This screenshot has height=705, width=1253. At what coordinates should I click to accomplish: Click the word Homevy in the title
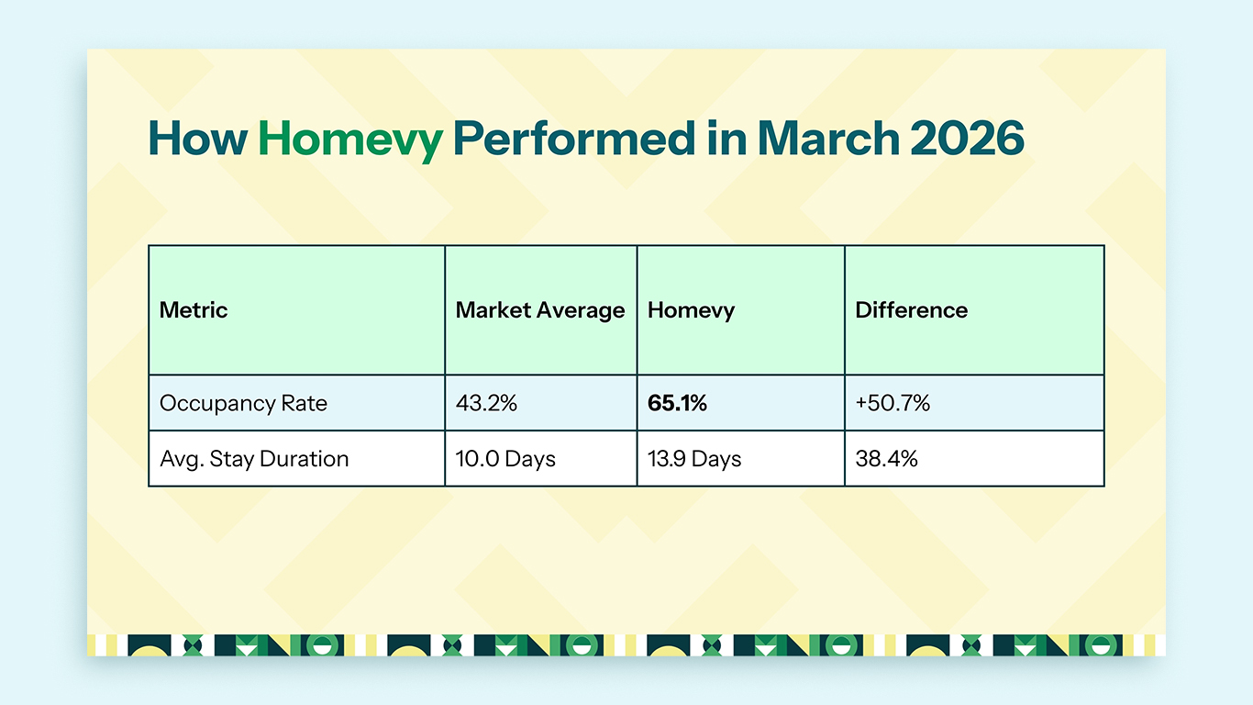(349, 139)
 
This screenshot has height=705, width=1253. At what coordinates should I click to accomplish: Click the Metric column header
(194, 310)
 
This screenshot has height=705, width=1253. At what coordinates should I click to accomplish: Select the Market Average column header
(539, 310)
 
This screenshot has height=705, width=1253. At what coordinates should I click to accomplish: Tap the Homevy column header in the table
(691, 310)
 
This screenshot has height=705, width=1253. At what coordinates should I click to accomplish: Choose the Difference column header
(911, 310)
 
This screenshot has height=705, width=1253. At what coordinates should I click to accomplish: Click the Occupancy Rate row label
(243, 403)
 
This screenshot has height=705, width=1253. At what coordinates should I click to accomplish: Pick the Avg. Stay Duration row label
(254, 459)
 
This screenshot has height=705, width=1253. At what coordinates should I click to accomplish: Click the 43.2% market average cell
(486, 403)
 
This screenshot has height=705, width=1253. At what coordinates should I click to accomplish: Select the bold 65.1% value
(677, 403)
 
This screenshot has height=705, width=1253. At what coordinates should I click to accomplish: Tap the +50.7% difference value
(893, 403)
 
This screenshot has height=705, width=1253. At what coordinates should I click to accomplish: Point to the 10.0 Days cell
(505, 459)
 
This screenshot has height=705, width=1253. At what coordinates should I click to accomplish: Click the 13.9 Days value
(693, 459)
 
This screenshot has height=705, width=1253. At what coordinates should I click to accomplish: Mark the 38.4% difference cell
(886, 459)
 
